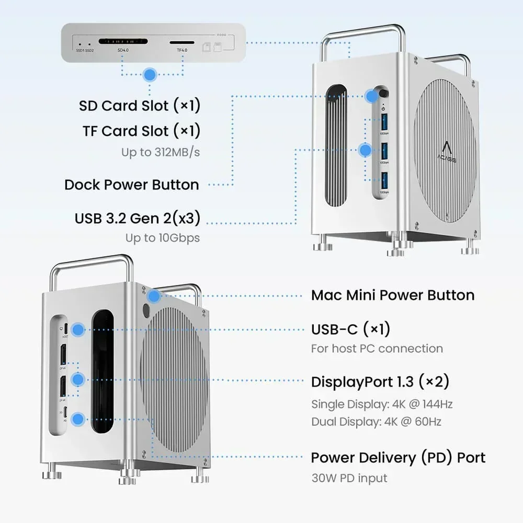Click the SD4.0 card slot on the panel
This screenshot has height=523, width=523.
[x=123, y=41]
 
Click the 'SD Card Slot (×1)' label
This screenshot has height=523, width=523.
[x=140, y=106]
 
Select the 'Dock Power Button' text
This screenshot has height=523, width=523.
[x=131, y=185]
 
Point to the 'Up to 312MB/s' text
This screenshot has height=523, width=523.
[x=161, y=152]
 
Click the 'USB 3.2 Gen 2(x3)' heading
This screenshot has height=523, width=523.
[x=137, y=218]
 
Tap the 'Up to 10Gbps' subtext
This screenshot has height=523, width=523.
[x=162, y=237]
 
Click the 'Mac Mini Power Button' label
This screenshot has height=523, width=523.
[x=392, y=295]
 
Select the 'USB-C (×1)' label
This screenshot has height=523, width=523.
[x=350, y=329]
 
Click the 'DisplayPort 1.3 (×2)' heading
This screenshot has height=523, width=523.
[x=380, y=382]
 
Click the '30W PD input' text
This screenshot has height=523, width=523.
[x=349, y=477]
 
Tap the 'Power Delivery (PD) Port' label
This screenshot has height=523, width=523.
[x=398, y=458]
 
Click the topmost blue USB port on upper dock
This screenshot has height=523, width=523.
[x=384, y=123]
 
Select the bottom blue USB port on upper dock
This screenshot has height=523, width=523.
[x=384, y=180]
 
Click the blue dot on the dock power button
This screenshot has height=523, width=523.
[x=372, y=96]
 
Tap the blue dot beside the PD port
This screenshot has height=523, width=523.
[x=78, y=418]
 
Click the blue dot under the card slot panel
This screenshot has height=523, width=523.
[x=150, y=75]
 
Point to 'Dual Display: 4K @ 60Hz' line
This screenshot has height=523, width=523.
[x=376, y=422]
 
